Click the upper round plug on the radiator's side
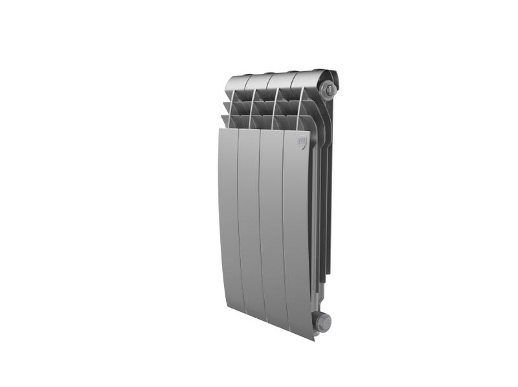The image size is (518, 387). click(330, 87)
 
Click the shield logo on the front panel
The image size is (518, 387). click(302, 143)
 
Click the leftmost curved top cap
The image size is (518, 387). click(236, 83)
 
